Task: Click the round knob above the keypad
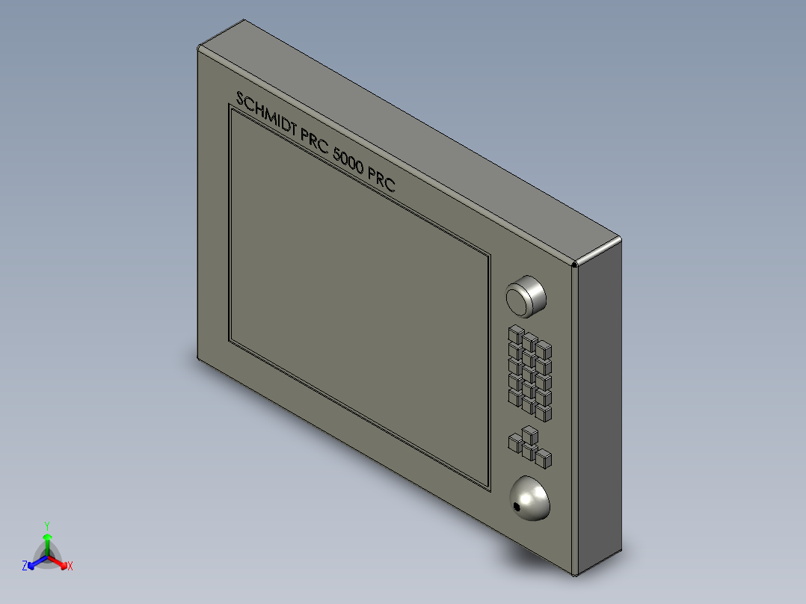click(x=526, y=295)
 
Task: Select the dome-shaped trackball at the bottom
click(x=530, y=498)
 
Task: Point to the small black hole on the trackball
click(x=517, y=508)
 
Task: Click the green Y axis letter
click(x=46, y=526)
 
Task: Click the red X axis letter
click(x=70, y=566)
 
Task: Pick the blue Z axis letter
click(x=25, y=566)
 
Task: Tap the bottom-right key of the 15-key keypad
click(x=544, y=413)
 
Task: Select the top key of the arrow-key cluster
click(x=529, y=434)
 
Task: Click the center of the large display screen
click(x=359, y=299)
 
